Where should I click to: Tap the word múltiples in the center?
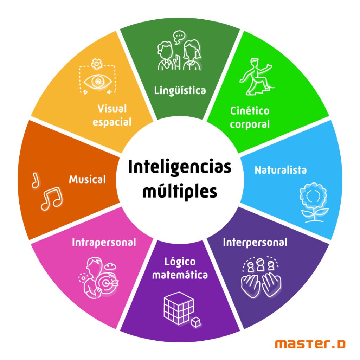point(180,192)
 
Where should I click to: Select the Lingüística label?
point(180,90)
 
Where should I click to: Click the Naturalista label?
point(281,170)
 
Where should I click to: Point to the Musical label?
point(88,179)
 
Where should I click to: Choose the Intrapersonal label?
point(104,243)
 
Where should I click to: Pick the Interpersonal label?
point(255,243)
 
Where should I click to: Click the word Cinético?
point(250,111)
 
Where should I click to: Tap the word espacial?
point(112,122)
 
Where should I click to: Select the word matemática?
point(180,275)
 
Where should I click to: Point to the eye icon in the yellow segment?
point(98,82)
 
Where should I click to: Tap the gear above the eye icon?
point(97,64)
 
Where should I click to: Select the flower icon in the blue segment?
point(313,202)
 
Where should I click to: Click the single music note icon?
point(36,181)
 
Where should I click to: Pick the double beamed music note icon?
point(52,199)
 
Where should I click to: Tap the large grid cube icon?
point(179,308)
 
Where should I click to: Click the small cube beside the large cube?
point(196,322)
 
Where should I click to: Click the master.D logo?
point(310,344)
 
